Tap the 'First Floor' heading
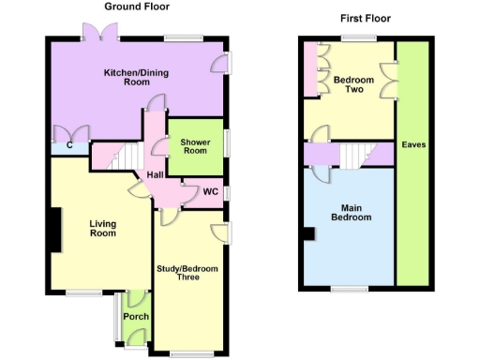365,18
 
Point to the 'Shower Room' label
193,145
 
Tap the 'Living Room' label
102,228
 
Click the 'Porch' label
135,317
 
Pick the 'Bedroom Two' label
353,85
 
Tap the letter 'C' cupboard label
58,145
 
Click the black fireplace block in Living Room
54,229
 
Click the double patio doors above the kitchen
99,36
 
